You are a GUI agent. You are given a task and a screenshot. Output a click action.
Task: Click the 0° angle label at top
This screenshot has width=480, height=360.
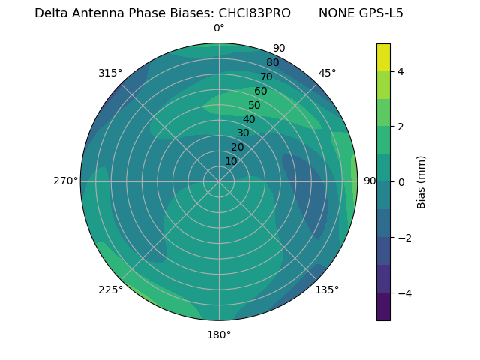pos(219,28)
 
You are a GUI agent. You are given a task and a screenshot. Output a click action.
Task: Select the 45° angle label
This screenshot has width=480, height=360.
pos(327,73)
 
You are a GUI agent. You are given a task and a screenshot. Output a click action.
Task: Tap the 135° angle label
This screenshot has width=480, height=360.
pos(327,289)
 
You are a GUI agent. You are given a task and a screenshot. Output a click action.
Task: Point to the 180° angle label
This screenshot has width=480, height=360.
pos(219,334)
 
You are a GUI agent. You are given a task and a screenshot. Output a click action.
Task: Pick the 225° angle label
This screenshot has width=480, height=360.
pos(110,289)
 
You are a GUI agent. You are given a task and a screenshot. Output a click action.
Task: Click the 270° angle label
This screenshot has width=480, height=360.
pos(65,181)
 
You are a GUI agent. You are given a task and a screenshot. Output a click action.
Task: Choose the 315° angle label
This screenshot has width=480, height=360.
pos(110,73)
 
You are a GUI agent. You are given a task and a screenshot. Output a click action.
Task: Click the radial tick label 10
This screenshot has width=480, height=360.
pos(231,161)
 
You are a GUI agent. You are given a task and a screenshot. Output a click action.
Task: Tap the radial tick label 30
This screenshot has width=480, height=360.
pos(243,133)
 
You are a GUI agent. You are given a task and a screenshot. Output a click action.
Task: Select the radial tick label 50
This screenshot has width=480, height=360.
pos(255,106)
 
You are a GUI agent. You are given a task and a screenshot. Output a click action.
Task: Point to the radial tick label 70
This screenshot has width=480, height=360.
pos(266,77)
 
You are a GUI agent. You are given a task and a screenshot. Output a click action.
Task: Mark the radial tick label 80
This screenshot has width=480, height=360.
pos(272,63)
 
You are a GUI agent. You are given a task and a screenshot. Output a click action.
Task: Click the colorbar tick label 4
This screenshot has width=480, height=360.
pos(400,71)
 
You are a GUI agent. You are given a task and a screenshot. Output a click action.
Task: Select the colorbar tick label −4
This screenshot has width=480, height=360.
pos(403,292)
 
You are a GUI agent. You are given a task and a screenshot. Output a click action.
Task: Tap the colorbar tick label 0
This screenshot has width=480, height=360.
pos(400,181)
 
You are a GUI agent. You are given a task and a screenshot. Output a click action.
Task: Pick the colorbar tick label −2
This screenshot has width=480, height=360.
pos(403,237)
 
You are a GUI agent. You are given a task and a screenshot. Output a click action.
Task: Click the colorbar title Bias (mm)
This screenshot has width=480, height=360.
pos(421,182)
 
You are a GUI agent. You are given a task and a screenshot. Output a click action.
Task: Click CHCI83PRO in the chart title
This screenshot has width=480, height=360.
pos(254,13)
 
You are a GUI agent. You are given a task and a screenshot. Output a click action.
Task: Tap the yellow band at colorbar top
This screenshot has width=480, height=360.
pos(383,58)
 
